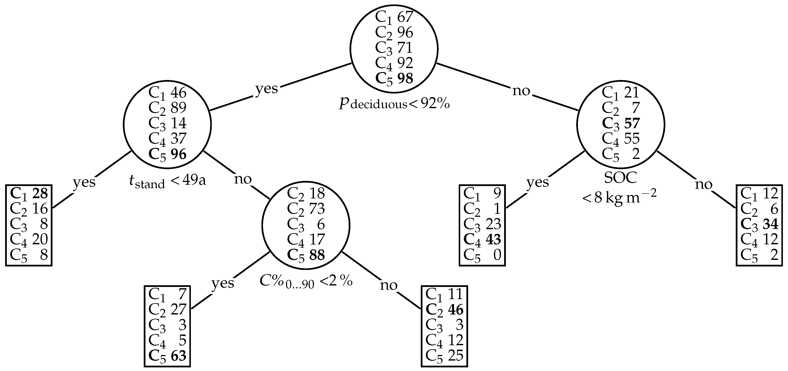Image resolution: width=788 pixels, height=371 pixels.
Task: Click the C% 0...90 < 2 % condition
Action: pyautogui.click(x=306, y=281)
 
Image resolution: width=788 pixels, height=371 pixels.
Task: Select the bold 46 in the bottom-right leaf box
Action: pyautogui.click(x=456, y=310)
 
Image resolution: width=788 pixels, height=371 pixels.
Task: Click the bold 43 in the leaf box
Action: pyautogui.click(x=493, y=239)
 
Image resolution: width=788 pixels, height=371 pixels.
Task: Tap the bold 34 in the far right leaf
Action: pyautogui.click(x=770, y=224)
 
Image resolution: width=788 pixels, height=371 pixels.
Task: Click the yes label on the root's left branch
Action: pyautogui.click(x=266, y=89)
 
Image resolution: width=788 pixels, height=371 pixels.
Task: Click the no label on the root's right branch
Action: pyautogui.click(x=521, y=91)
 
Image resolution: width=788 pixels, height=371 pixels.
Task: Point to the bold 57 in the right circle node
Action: pyautogui.click(x=632, y=123)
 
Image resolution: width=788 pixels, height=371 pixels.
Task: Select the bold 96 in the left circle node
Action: pyautogui.click(x=178, y=154)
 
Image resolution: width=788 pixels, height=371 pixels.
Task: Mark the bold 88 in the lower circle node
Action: pyautogui.click(x=317, y=255)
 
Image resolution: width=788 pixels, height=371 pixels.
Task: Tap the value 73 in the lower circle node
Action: pyautogui.click(x=317, y=209)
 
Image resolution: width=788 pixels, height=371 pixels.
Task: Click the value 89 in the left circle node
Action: pyautogui.click(x=178, y=108)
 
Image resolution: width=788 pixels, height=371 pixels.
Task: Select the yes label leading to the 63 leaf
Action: pyautogui.click(x=223, y=283)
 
